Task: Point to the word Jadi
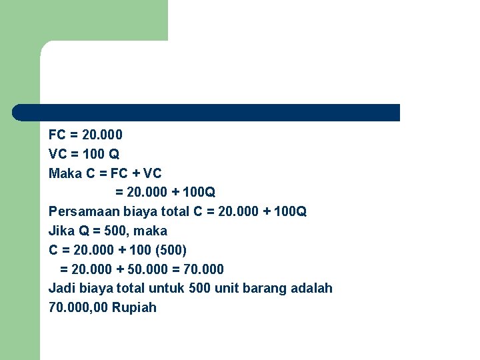61,288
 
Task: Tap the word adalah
311,288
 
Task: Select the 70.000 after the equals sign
203,269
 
